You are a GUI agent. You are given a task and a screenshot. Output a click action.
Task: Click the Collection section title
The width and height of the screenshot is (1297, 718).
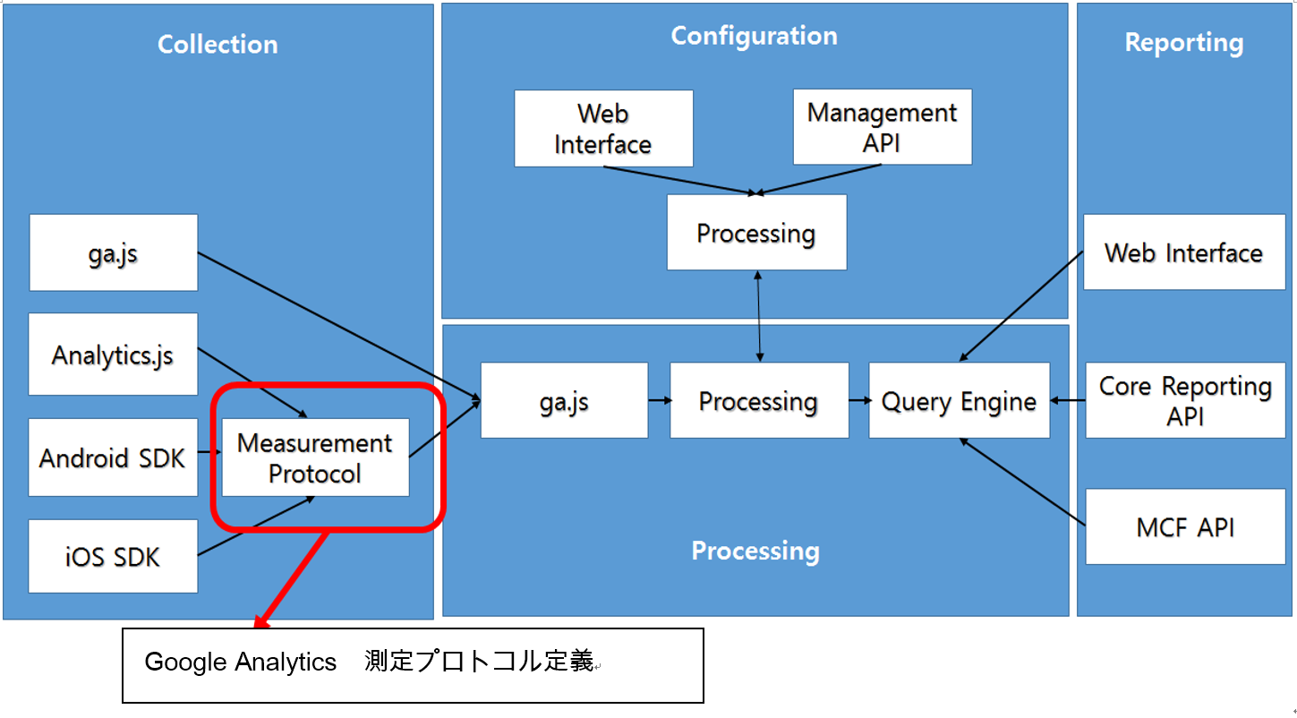pos(218,45)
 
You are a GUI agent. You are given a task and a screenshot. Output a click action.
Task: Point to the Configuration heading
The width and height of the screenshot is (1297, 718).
pos(754,36)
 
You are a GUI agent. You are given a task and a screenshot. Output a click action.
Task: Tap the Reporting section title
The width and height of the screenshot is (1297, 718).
pos(1183,43)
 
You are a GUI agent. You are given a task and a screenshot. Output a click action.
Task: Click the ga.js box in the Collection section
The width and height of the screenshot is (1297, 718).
pos(113,252)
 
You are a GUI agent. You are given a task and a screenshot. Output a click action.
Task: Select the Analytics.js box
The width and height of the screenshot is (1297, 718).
pos(113,355)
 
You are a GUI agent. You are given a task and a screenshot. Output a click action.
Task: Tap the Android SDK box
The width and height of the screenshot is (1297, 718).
pos(113,457)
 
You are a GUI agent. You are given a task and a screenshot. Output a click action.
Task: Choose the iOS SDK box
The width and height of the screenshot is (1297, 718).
pos(113,557)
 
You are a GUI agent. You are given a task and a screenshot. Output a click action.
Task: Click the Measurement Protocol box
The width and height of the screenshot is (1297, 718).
pos(315,457)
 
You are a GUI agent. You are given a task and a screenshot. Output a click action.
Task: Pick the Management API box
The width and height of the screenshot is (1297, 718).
pos(882,127)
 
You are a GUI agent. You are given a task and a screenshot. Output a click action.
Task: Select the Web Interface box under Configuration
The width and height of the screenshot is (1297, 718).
pos(602,129)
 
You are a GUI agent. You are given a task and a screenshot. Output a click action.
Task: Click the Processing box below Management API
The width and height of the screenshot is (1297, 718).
pos(756,233)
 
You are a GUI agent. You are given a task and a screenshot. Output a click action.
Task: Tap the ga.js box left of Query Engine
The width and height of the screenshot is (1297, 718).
pos(564,401)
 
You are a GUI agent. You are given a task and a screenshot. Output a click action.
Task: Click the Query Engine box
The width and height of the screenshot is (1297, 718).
pos(959,401)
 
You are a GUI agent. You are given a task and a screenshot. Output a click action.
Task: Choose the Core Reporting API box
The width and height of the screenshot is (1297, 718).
pos(1185,400)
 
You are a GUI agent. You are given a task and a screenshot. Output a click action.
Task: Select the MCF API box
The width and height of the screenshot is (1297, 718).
pos(1185,527)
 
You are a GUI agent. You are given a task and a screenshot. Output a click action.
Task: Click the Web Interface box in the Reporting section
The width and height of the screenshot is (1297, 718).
pos(1183,252)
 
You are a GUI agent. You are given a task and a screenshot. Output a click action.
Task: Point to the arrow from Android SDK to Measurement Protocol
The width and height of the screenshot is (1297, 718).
pos(209,452)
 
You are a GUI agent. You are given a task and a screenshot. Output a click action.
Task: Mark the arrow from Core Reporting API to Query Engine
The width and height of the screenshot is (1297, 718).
pos(1068,400)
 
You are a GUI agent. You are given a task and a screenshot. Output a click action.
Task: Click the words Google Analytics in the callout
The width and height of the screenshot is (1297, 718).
pos(240,662)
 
